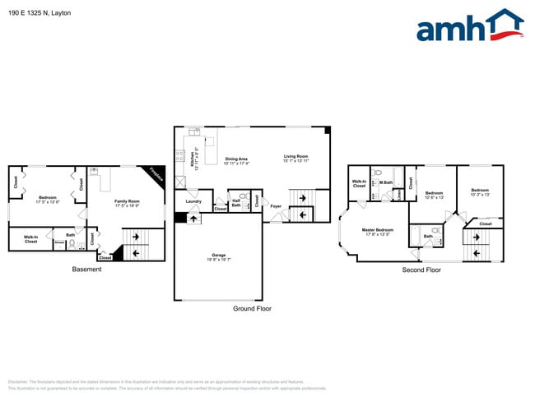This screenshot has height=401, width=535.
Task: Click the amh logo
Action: click(470, 26)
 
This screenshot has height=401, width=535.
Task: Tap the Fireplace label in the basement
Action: click(156, 176)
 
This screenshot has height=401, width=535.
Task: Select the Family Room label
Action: click(127, 201)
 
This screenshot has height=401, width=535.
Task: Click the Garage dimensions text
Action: click(217, 260)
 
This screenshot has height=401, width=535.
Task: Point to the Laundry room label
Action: click(193, 201)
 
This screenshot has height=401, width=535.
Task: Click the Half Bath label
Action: click(235, 202)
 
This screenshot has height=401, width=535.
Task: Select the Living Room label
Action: click(295, 156)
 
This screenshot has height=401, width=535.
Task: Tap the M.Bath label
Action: click(385, 182)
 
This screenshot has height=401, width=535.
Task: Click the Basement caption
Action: click(86, 270)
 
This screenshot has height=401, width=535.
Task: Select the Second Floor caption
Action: click(421, 270)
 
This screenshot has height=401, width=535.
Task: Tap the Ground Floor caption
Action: click(253, 309)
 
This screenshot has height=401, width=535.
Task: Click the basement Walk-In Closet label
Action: click(30, 239)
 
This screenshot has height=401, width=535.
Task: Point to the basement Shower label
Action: click(59, 242)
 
